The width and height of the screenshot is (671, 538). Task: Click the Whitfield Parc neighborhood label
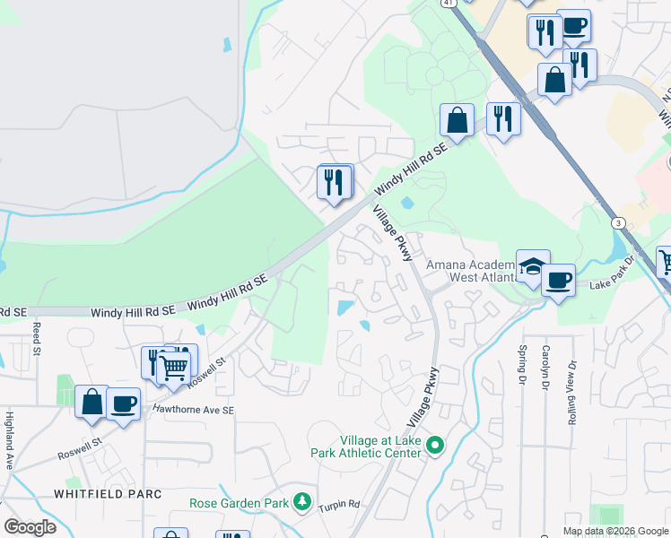(107, 494)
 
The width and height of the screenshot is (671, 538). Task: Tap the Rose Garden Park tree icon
(303, 502)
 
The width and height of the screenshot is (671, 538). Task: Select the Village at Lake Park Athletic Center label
(380, 447)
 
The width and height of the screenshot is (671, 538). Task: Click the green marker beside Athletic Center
(436, 445)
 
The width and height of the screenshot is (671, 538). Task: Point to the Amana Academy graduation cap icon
(532, 265)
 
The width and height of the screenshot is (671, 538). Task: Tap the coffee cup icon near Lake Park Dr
(558, 281)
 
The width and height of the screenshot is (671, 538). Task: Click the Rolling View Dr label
(571, 380)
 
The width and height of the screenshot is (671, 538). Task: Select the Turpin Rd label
(342, 503)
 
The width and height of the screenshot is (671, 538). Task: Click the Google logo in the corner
(30, 527)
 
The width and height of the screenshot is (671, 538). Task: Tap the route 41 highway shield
(447, 3)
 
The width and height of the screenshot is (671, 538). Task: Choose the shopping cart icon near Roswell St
(173, 366)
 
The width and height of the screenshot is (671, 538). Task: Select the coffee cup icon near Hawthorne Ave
(123, 403)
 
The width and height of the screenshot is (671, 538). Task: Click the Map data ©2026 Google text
(614, 531)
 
